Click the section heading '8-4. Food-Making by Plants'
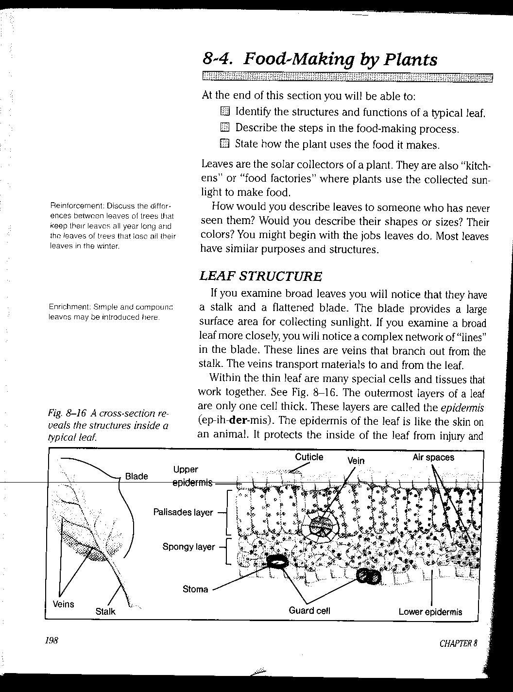[x=320, y=59]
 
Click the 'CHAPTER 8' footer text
[x=458, y=643]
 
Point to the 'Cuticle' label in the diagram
[x=309, y=457]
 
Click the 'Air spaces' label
[x=433, y=457]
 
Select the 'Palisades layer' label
[x=183, y=512]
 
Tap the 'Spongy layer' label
[x=188, y=547]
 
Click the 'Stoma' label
[x=195, y=589]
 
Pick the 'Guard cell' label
[x=309, y=610]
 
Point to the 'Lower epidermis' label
[x=430, y=612]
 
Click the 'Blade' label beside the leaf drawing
[x=137, y=476]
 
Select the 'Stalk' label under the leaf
[x=105, y=611]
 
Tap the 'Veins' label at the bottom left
[x=64, y=604]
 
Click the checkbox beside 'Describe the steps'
[x=224, y=128]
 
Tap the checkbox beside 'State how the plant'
[x=224, y=143]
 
